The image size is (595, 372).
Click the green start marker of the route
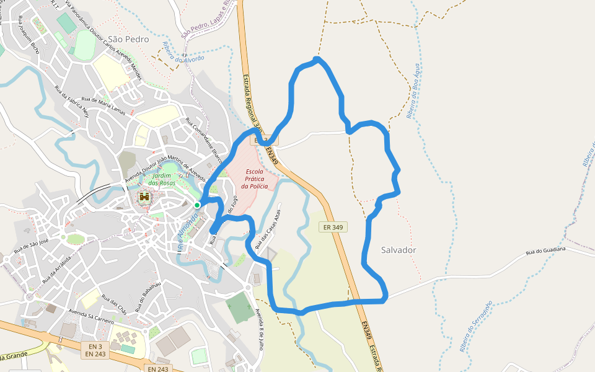[197, 205]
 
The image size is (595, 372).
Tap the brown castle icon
[145, 197]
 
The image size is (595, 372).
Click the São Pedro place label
[128, 39]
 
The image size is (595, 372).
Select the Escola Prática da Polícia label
[255, 179]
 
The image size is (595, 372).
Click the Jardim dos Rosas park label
[162, 179]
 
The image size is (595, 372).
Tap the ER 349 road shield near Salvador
[333, 228]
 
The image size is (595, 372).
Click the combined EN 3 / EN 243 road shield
[95, 350]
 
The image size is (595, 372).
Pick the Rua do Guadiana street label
[546, 250]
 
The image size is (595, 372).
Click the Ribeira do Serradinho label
[476, 326]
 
